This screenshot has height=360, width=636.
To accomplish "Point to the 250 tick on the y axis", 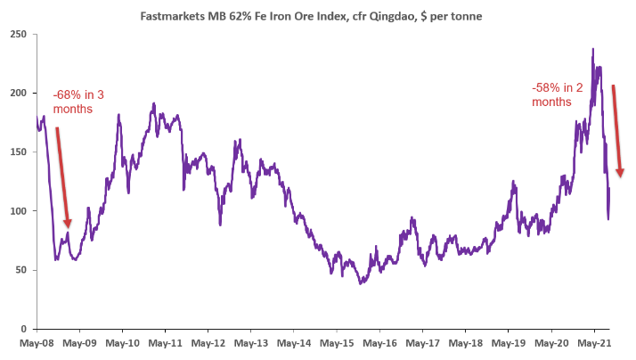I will [x=18, y=34].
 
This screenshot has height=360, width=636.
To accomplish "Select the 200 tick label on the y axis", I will [x=18, y=93].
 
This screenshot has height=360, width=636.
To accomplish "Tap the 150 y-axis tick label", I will [x=18, y=151].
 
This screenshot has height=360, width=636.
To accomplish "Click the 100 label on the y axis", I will [x=18, y=210].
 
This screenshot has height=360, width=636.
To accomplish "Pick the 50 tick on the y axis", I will [x=20, y=269].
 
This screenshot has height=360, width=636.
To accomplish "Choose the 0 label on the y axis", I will [x=23, y=328].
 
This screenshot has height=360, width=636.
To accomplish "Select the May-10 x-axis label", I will [x=123, y=342].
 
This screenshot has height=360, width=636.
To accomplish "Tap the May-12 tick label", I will [x=208, y=342].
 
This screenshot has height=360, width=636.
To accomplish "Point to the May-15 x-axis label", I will [x=337, y=342].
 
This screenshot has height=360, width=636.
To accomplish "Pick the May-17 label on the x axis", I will [x=422, y=342].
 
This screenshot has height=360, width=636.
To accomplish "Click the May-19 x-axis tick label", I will [x=508, y=342].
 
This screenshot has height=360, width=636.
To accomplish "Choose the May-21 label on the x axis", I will [x=593, y=342].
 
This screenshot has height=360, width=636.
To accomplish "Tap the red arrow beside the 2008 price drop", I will [x=62, y=176].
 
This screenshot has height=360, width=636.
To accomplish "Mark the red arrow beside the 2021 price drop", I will [x=616, y=130].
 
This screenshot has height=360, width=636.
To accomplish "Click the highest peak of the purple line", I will [x=592, y=50].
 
